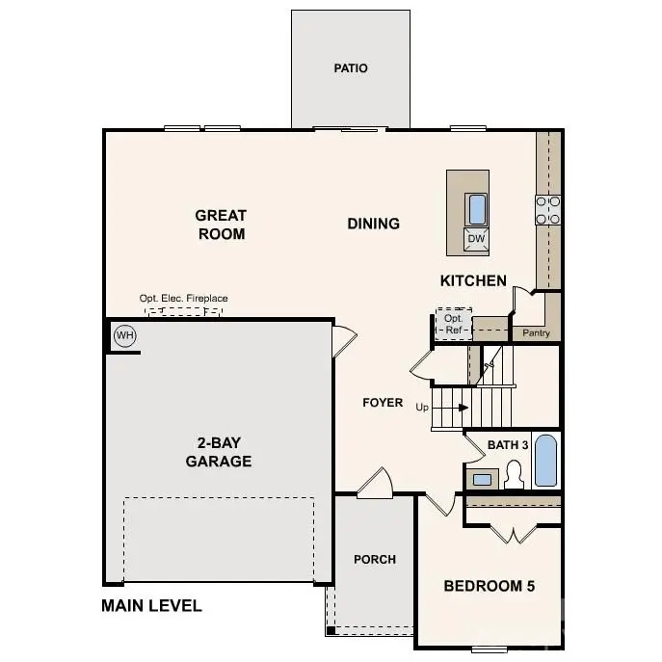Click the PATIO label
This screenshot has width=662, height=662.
(x=351, y=68)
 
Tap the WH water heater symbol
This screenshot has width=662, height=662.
(x=124, y=335)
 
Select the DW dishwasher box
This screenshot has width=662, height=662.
(x=476, y=238)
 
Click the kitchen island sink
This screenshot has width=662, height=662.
(x=476, y=207)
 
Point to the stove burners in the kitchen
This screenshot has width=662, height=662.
(x=548, y=209)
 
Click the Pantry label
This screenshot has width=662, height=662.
(x=536, y=332)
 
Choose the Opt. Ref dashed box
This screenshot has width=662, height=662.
(x=453, y=324)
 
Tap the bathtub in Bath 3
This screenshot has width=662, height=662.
(x=545, y=462)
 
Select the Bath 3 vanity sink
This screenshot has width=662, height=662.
(x=481, y=478)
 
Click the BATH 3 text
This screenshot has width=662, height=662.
(x=508, y=444)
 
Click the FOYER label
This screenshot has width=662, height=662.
(x=383, y=402)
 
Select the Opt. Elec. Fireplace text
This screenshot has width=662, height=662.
(x=184, y=299)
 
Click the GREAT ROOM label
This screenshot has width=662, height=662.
(x=221, y=225)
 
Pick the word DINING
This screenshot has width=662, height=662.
(x=373, y=224)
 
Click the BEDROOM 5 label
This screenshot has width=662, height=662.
(x=489, y=586)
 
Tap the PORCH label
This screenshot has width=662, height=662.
(x=375, y=559)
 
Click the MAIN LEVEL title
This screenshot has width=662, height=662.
(x=151, y=606)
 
